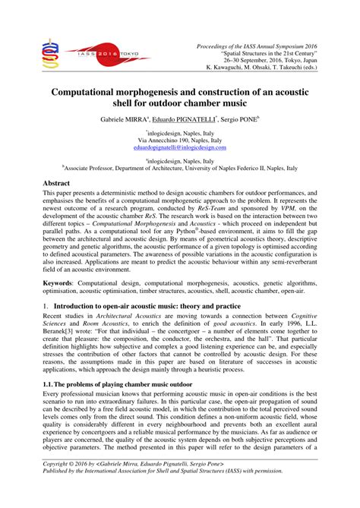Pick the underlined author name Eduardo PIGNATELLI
pos(185,120)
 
